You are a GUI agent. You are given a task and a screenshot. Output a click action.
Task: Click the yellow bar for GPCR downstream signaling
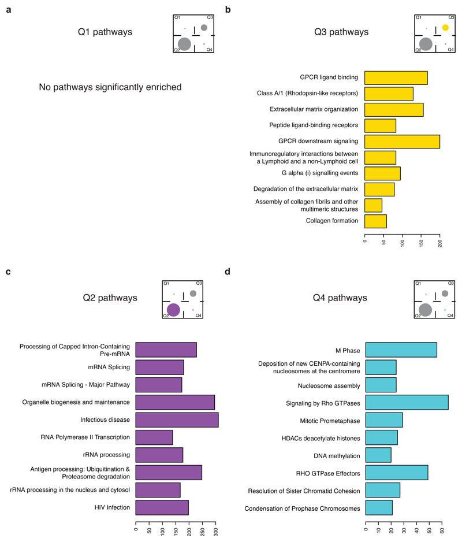point(402,141)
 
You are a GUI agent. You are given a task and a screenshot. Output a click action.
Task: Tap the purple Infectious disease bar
point(177,420)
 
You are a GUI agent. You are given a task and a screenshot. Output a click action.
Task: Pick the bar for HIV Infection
point(162,507)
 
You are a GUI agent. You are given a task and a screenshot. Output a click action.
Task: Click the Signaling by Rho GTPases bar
point(407,402)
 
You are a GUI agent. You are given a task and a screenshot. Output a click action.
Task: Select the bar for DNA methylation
point(378,455)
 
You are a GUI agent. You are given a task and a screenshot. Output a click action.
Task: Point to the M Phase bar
point(401,350)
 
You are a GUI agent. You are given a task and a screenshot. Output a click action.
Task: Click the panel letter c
point(8,270)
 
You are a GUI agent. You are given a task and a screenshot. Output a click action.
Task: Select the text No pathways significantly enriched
point(110,88)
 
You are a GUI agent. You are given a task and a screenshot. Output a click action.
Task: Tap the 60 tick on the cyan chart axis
point(442,529)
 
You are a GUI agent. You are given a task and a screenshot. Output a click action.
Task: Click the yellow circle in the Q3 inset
point(445,28)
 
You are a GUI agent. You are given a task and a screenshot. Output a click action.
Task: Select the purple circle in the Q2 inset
point(173,310)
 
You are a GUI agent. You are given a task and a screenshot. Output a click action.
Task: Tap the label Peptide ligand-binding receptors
point(314,125)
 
